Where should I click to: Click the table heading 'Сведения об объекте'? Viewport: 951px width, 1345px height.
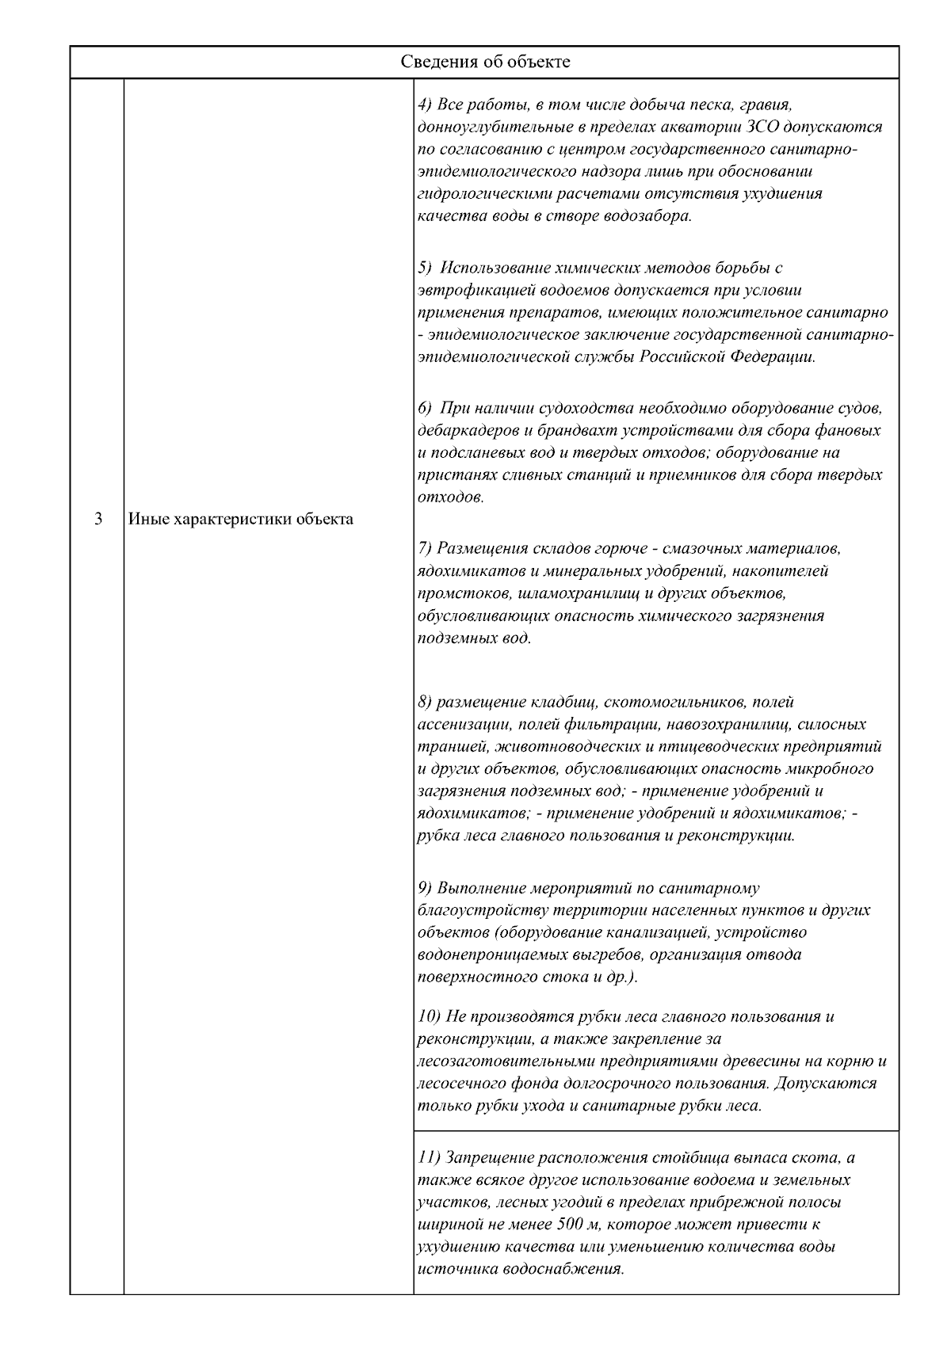pyautogui.click(x=484, y=62)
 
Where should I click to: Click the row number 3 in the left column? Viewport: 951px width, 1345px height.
pyautogui.click(x=97, y=520)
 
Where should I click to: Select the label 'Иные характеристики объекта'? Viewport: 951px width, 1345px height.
pyautogui.click(x=241, y=520)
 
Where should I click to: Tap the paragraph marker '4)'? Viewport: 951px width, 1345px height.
pyautogui.click(x=426, y=105)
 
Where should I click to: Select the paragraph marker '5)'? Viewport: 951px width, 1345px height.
pyautogui.click(x=426, y=268)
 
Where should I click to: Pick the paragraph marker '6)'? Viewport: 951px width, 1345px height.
pyautogui.click(x=426, y=409)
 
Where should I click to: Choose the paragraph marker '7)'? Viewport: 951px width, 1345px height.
pyautogui.click(x=426, y=548)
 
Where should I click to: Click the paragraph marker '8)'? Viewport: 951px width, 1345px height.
pyautogui.click(x=426, y=702)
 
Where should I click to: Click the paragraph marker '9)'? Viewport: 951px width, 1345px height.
pyautogui.click(x=426, y=888)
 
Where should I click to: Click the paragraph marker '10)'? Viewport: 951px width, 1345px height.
pyautogui.click(x=429, y=1016)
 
